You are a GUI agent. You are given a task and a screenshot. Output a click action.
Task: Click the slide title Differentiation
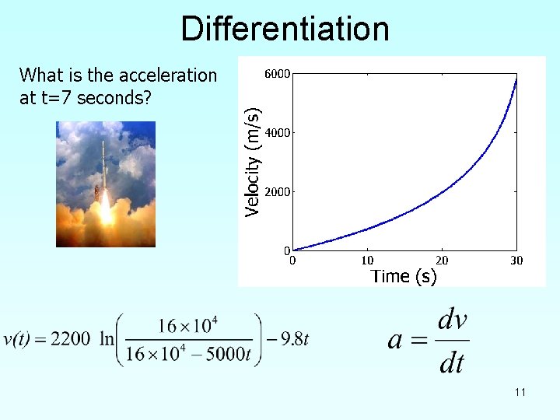[x=285, y=30]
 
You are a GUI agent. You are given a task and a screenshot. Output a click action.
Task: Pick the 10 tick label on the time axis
[x=367, y=261]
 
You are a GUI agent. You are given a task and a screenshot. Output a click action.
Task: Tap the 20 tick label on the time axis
[x=442, y=261]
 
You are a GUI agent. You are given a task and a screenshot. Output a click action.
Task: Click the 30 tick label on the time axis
[x=516, y=261]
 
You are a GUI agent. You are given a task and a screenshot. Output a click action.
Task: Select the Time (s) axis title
[x=404, y=276]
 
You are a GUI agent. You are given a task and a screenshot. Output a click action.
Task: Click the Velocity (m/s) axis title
[x=252, y=162]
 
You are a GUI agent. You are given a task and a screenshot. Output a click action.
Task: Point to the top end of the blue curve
[x=516, y=79]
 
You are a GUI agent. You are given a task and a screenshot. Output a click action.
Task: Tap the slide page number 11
[x=520, y=392]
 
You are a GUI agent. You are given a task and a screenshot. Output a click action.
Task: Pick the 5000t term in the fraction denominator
[x=230, y=353]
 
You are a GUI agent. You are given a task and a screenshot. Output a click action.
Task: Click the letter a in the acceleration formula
[x=396, y=340]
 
